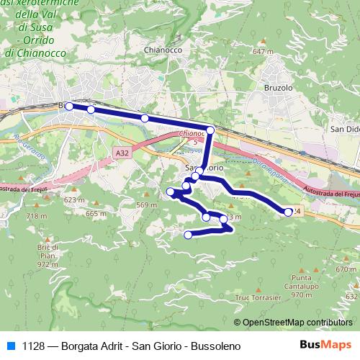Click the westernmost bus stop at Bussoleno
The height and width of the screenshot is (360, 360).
(x=69, y=106)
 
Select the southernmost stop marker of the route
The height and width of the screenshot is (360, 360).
(x=189, y=234)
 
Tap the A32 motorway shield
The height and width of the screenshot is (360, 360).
(x=122, y=153)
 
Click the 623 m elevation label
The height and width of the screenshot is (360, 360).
(x=74, y=199)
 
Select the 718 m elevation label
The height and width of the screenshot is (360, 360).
(x=36, y=216)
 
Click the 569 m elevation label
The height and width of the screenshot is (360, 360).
(x=146, y=206)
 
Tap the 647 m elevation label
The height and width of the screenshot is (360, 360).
(x=263, y=52)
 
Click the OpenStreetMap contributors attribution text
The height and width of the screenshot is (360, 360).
(x=297, y=322)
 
